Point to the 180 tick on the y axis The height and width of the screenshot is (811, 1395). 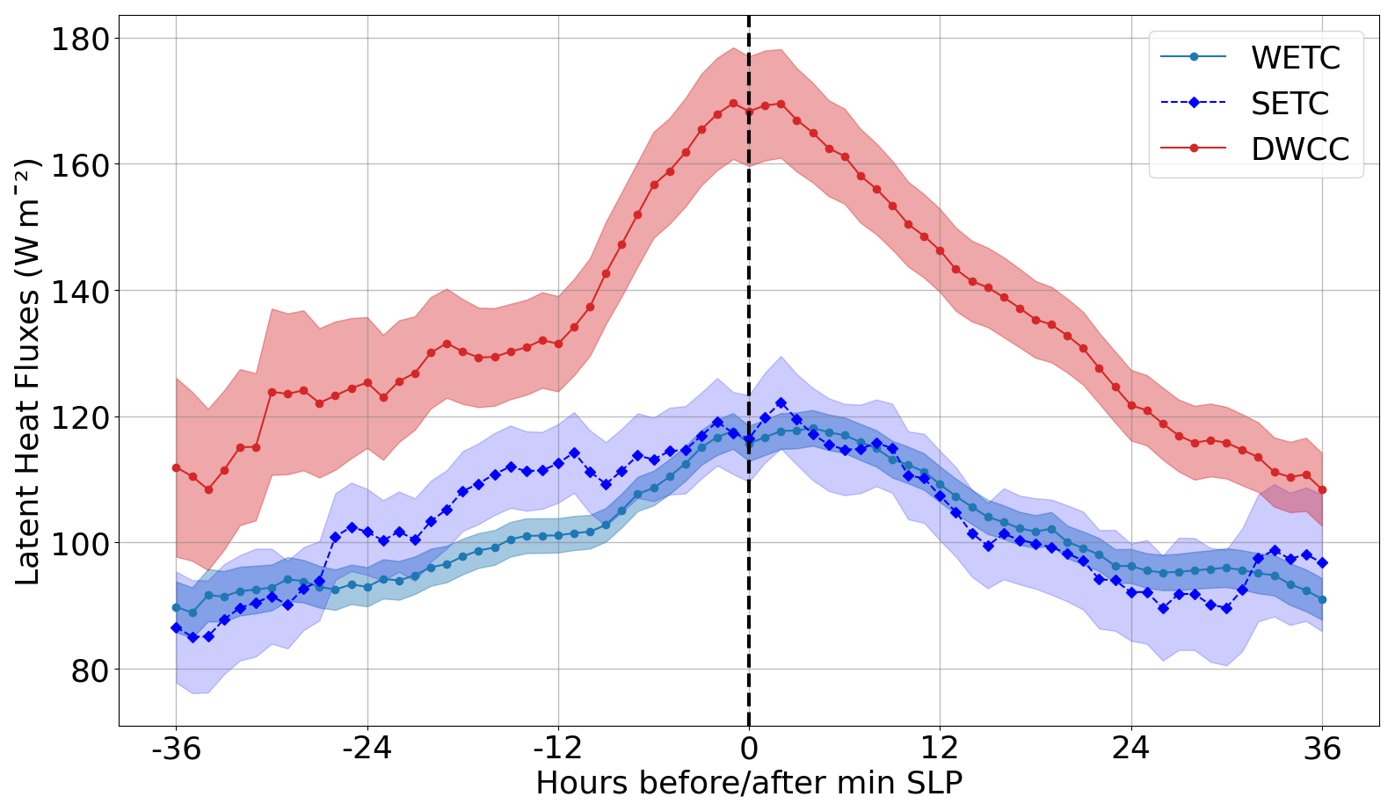pos(79,40)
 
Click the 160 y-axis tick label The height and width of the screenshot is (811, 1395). pos(79,165)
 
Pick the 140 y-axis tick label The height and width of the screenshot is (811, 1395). pos(79,291)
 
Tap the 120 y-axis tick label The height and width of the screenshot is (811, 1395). pos(79,417)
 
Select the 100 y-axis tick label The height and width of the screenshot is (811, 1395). pos(79,544)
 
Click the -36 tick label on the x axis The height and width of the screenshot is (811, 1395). pos(176,749)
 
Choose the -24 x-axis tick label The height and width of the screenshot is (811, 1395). pos(367,749)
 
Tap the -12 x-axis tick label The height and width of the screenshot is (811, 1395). pos(558,749)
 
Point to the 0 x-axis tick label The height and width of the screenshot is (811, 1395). pos(749,749)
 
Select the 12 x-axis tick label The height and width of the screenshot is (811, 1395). pos(940,749)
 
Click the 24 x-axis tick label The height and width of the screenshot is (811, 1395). pos(1131,749)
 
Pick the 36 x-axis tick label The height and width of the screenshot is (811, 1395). pos(1322,749)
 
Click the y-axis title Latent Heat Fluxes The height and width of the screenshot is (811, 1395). pos(28,372)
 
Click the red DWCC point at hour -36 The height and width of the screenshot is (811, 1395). pos(176,467)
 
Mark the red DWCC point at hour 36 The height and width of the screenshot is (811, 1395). pos(1322,490)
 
